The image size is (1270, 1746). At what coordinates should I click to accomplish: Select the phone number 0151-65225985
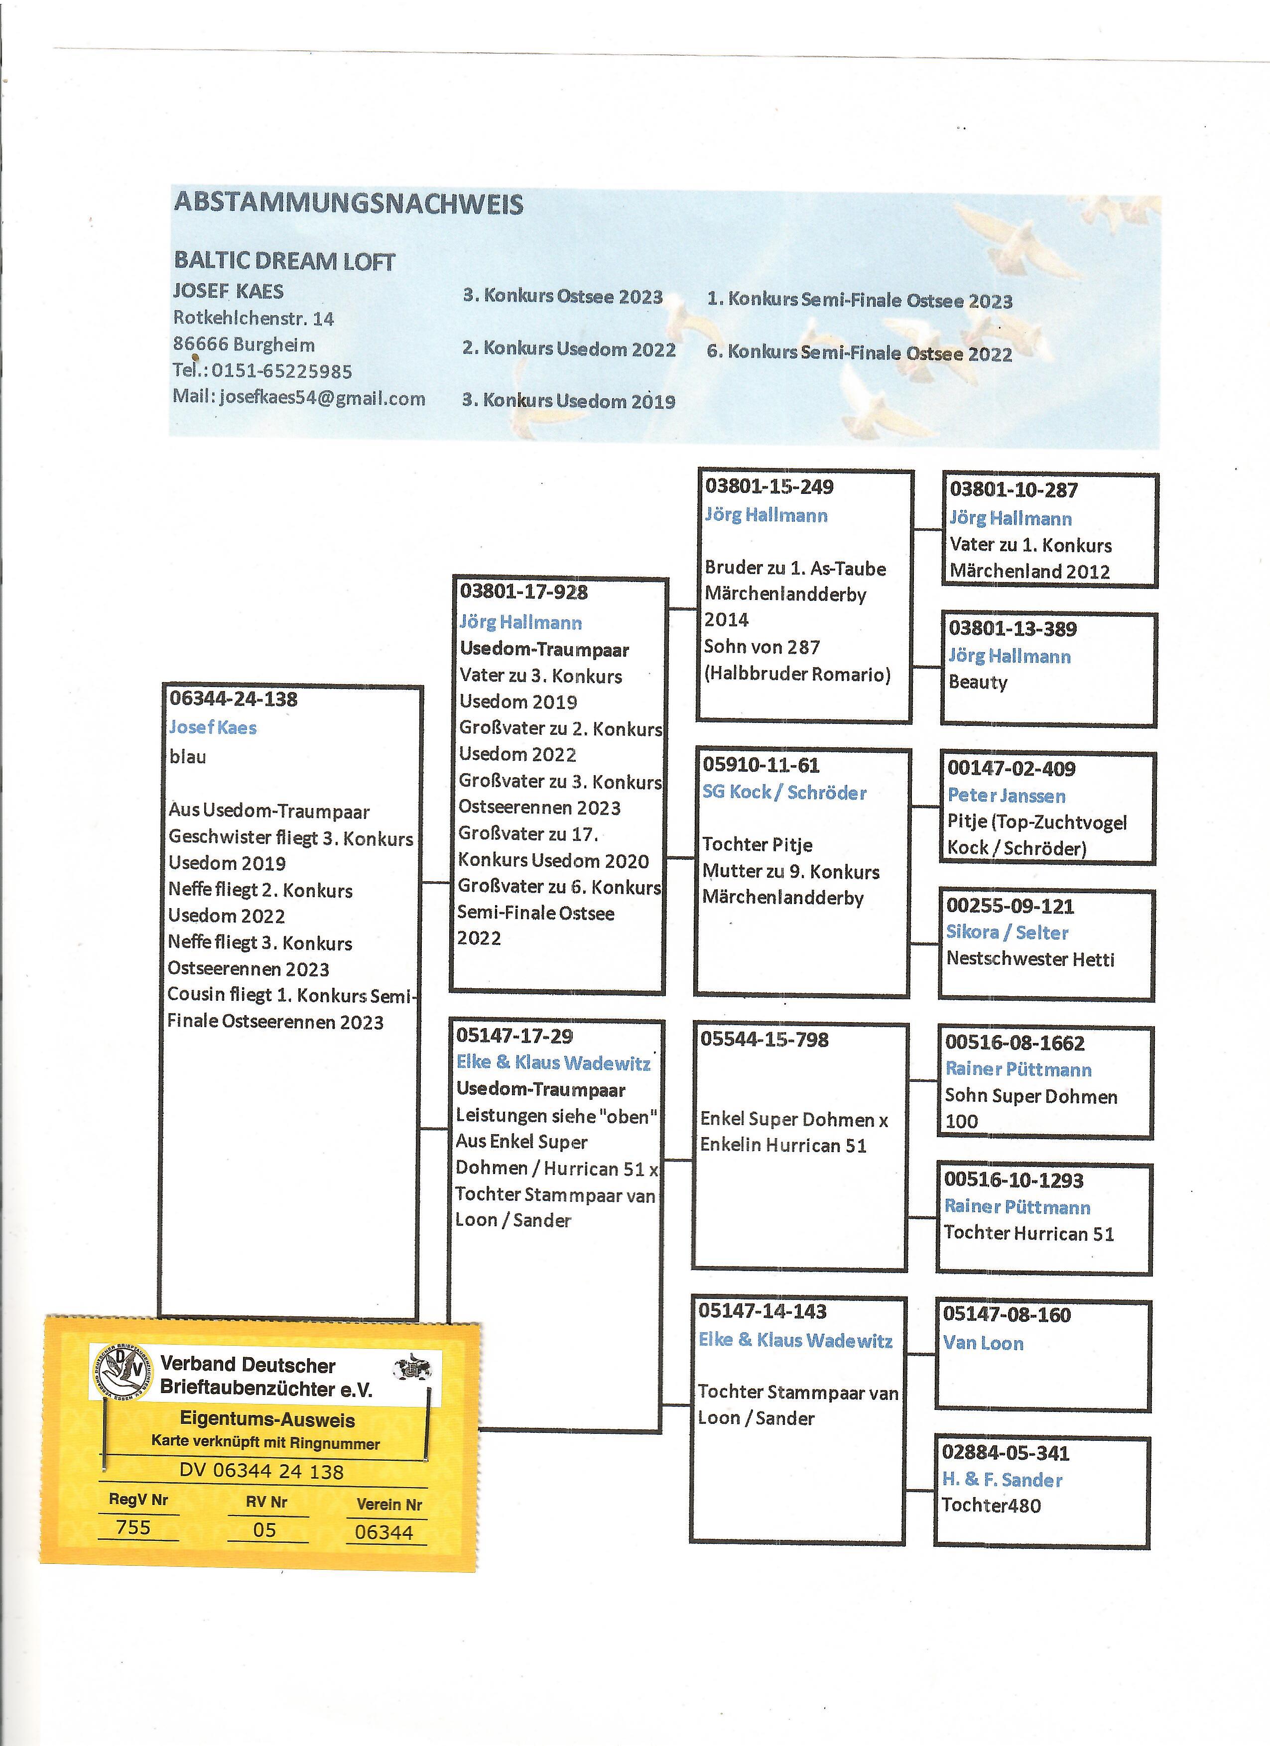pyautogui.click(x=282, y=371)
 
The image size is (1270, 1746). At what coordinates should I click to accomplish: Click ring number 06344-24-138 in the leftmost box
pyautogui.click(x=234, y=699)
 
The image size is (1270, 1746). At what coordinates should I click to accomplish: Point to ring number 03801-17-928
pyautogui.click(x=524, y=592)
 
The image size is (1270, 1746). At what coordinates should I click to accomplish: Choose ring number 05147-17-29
pyautogui.click(x=514, y=1036)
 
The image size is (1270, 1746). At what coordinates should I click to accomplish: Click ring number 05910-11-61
pyautogui.click(x=761, y=765)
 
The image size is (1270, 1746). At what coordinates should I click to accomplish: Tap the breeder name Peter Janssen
pyautogui.click(x=1007, y=795)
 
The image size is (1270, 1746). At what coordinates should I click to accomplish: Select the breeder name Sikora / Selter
pyautogui.click(x=1007, y=932)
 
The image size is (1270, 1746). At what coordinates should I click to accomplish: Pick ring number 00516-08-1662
pyautogui.click(x=1015, y=1043)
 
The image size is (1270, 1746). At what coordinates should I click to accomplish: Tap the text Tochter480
pyautogui.click(x=991, y=1505)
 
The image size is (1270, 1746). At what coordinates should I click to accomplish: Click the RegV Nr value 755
pyautogui.click(x=133, y=1527)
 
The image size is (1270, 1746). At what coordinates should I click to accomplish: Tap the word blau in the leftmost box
pyautogui.click(x=188, y=757)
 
